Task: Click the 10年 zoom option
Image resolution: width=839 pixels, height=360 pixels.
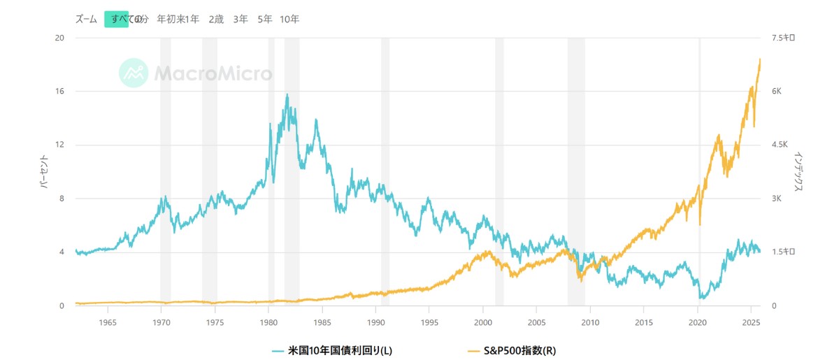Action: [x=289, y=20]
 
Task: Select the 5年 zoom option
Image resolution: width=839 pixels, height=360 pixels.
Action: [x=265, y=20]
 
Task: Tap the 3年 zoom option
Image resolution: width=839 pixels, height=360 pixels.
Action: [x=241, y=20]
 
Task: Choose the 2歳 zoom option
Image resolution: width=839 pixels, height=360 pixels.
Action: [x=216, y=20]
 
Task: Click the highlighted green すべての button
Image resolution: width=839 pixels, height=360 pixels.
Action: [x=117, y=20]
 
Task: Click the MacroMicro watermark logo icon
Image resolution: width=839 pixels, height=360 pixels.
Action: [x=133, y=73]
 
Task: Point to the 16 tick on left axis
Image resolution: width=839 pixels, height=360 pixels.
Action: [x=60, y=92]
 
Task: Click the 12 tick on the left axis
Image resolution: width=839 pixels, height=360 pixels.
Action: [x=60, y=145]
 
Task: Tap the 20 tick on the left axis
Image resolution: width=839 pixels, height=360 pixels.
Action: [x=60, y=38]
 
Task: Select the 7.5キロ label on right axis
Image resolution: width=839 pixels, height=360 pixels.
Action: [x=783, y=38]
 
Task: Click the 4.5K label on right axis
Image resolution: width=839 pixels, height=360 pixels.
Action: [x=780, y=145]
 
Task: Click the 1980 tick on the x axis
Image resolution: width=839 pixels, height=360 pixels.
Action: [x=268, y=322]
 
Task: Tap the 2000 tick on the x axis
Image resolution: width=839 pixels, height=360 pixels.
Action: [x=482, y=322]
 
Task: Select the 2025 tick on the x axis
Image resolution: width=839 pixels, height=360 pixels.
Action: [x=750, y=322]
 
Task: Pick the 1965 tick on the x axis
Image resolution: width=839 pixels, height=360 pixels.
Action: [x=108, y=322]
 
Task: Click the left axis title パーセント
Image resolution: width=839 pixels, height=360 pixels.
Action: [x=43, y=172]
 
